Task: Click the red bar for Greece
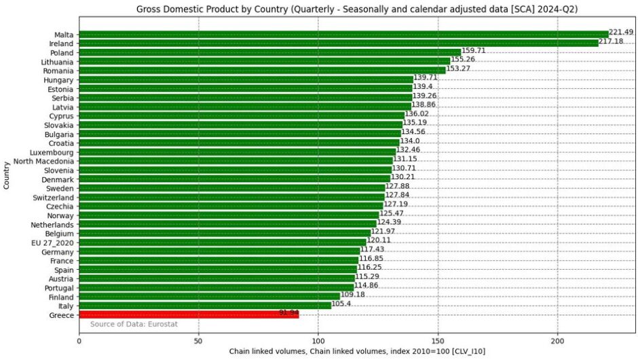click(189, 314)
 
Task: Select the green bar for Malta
click(344, 35)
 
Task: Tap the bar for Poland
click(269, 52)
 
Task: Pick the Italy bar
click(205, 306)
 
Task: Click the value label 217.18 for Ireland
click(611, 41)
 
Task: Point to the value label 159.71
click(473, 50)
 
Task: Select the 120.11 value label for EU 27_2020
click(379, 240)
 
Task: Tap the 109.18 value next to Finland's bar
click(352, 294)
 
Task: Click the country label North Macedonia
click(43, 161)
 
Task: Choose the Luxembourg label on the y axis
click(52, 152)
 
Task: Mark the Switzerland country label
click(54, 198)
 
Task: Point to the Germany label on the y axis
click(58, 252)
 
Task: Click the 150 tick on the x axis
click(438, 341)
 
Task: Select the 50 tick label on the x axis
click(199, 341)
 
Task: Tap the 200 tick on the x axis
click(557, 341)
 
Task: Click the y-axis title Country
click(7, 175)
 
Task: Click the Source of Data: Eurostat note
click(134, 324)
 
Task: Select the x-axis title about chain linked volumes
click(357, 351)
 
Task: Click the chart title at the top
click(357, 9)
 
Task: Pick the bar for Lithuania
click(265, 62)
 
